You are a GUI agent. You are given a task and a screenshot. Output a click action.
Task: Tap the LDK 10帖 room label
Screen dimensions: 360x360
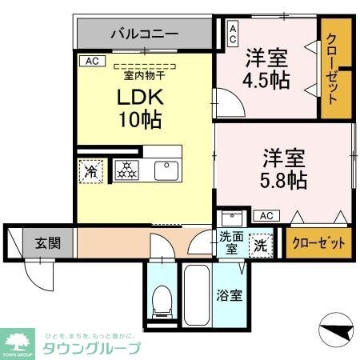(142, 108)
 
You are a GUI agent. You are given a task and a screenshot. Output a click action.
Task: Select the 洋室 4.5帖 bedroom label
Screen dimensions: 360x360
(267, 67)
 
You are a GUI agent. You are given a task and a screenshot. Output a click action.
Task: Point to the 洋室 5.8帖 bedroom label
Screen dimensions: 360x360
(282, 167)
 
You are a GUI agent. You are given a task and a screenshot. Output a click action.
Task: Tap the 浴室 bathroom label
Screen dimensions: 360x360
(230, 294)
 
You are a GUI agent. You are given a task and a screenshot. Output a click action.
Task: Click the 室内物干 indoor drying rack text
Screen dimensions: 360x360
(144, 76)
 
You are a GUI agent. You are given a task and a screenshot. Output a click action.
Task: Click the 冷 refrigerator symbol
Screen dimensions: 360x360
(91, 171)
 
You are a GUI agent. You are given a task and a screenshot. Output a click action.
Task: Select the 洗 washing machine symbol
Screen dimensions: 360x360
(261, 244)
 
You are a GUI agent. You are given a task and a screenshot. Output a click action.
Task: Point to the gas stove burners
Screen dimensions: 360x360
(126, 170)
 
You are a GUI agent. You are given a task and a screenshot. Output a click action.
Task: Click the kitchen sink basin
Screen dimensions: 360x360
(166, 170)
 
